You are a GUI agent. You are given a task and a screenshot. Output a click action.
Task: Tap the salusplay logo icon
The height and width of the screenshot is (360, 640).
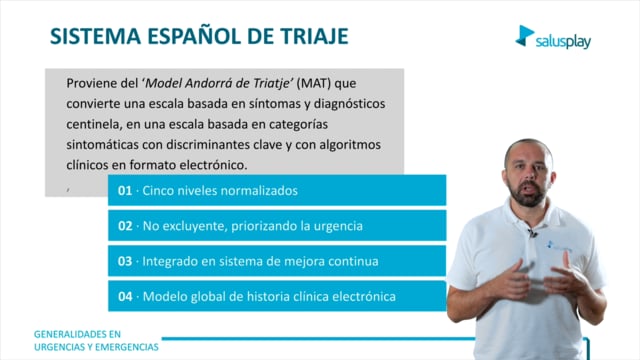[524, 35]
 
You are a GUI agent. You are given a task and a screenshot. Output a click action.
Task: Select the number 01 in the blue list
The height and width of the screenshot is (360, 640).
[125, 191]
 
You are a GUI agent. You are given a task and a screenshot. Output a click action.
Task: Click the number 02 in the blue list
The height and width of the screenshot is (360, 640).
[125, 226]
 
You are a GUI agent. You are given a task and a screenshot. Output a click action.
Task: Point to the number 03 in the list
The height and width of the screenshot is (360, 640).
[125, 261]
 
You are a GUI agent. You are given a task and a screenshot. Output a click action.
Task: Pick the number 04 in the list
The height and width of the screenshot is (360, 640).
[125, 296]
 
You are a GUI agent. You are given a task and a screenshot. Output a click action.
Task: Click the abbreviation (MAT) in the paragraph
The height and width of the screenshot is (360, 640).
[313, 83]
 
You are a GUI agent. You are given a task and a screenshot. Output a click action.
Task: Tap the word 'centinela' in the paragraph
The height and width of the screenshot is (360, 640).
[94, 124]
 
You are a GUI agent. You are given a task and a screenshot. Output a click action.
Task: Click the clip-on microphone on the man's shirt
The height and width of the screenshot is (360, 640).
[532, 233]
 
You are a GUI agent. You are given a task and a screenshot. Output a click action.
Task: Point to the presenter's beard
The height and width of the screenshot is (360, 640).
[528, 195]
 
